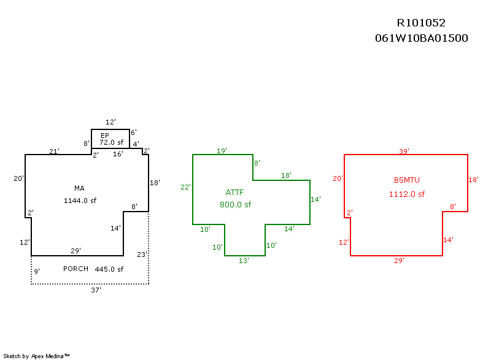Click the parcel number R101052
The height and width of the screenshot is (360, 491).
point(421,23)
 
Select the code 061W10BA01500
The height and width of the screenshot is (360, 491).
point(422,38)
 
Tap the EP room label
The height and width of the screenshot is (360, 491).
point(105,135)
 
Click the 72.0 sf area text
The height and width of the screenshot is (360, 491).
point(112,142)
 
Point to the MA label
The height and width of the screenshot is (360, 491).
point(79,188)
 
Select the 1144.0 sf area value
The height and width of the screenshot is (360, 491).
point(80,201)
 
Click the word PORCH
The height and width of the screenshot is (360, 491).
point(76,269)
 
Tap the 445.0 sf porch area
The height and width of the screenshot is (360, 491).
point(109,269)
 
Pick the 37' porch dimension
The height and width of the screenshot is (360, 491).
point(96,290)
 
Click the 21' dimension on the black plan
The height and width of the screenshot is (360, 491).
point(54,151)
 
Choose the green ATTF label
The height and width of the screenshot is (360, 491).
point(234,192)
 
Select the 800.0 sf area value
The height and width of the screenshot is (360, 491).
point(235,205)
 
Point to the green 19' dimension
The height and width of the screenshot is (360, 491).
point(222,150)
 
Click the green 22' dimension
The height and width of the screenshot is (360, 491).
point(185,187)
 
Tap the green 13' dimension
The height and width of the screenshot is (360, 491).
point(244,261)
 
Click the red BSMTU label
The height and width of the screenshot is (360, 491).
point(406,180)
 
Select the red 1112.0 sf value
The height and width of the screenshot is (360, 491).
point(406,194)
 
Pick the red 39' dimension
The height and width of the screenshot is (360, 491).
point(404,151)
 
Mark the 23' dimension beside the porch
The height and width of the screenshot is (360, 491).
point(142,254)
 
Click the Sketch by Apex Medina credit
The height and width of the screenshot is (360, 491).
point(37,356)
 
